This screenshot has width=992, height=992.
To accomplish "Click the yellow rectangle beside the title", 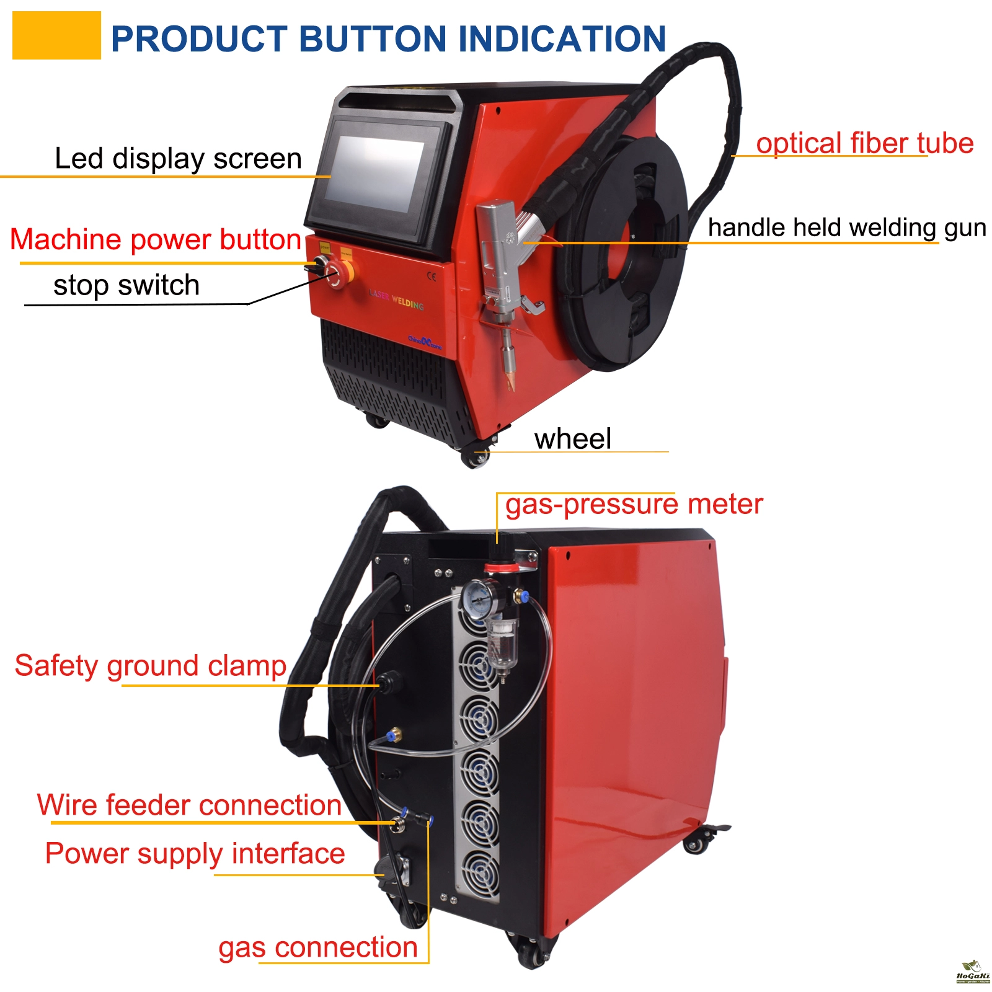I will (x=56, y=35).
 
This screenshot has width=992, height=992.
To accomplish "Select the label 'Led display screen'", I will (x=178, y=159).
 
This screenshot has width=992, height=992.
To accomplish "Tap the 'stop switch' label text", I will (x=126, y=285).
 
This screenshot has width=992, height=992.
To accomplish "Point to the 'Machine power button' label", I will (x=155, y=239).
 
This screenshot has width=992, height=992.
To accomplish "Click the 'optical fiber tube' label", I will (x=864, y=143).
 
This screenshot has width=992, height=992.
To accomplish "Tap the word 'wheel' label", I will (x=572, y=439).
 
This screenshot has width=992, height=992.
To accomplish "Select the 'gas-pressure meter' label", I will (x=634, y=504).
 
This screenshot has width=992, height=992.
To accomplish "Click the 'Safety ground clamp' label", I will (x=150, y=666).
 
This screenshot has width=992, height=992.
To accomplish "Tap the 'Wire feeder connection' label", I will (x=189, y=805).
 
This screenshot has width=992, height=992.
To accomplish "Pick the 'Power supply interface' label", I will (x=195, y=854).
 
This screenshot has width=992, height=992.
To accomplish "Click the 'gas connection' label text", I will (x=317, y=947).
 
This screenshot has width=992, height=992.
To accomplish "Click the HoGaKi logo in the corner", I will (x=972, y=972).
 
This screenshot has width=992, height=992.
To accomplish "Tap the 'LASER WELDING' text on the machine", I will (x=396, y=300).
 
